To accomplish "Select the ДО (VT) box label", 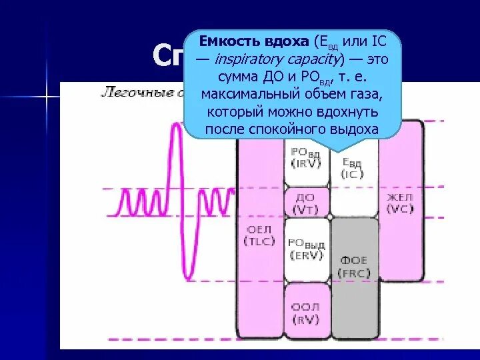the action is (x=306, y=204).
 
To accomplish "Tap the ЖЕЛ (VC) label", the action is (x=400, y=203).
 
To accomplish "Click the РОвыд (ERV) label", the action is (x=306, y=249).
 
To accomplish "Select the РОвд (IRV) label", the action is (x=306, y=158).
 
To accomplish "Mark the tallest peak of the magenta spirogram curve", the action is (x=176, y=127).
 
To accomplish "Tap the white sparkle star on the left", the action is (x=47, y=97).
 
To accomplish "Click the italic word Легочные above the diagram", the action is (x=127, y=93).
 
